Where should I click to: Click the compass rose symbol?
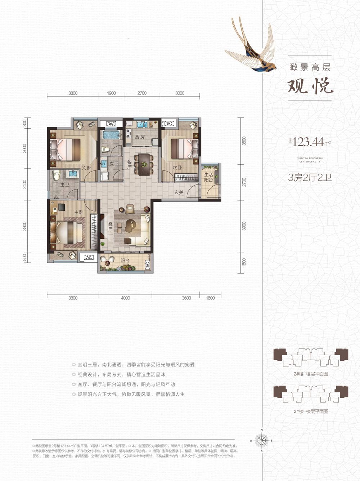tap(262, 440)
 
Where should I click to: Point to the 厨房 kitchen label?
tap(140, 137)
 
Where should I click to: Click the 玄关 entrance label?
tap(179, 192)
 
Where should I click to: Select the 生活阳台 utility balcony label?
tap(209, 177)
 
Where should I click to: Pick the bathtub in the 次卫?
tap(111, 135)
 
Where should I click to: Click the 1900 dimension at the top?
tap(112, 93)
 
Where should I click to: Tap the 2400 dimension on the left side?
tap(24, 184)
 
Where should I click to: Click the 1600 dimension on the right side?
tap(244, 262)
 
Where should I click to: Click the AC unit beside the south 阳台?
tap(88, 257)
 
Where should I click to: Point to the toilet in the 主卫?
tap(55, 176)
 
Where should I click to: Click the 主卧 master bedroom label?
tap(78, 212)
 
